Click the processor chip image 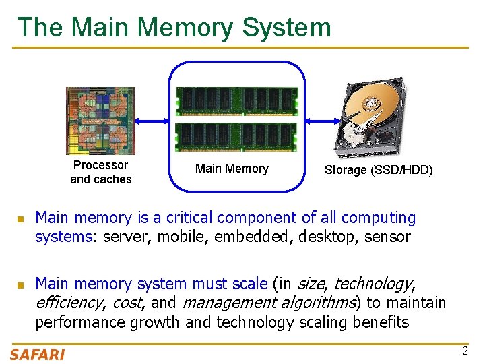pos(100,121)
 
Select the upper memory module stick pos(236,101)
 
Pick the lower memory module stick pos(236,136)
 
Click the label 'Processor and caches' pos(101,173)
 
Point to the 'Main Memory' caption pos(232,169)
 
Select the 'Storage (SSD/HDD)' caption pos(379,171)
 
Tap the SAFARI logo pos(38,355)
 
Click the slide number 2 pos(465,351)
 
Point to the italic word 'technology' pos(373,284)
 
